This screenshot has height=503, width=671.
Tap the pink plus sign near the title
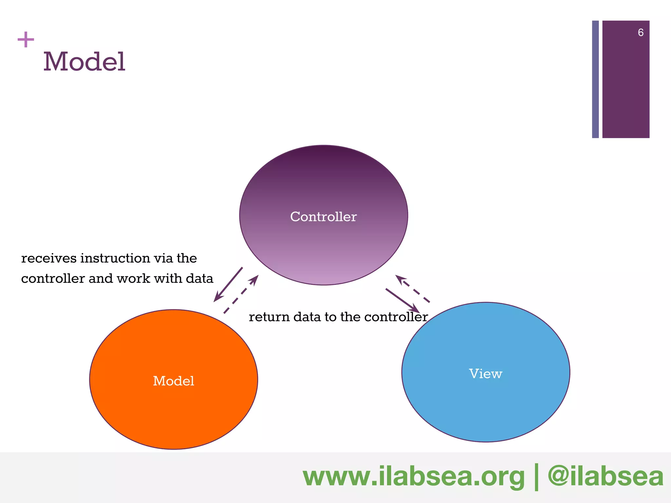coord(26,40)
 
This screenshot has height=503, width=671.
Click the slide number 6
coord(641,32)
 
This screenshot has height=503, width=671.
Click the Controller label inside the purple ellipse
coord(323,217)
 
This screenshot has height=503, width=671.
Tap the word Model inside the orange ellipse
coord(174,381)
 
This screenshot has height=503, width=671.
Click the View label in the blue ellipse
coord(486,374)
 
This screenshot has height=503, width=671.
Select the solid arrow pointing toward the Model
coord(228,285)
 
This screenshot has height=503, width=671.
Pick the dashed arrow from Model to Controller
coord(241,294)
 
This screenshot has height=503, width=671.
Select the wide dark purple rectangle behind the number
coord(626,85)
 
